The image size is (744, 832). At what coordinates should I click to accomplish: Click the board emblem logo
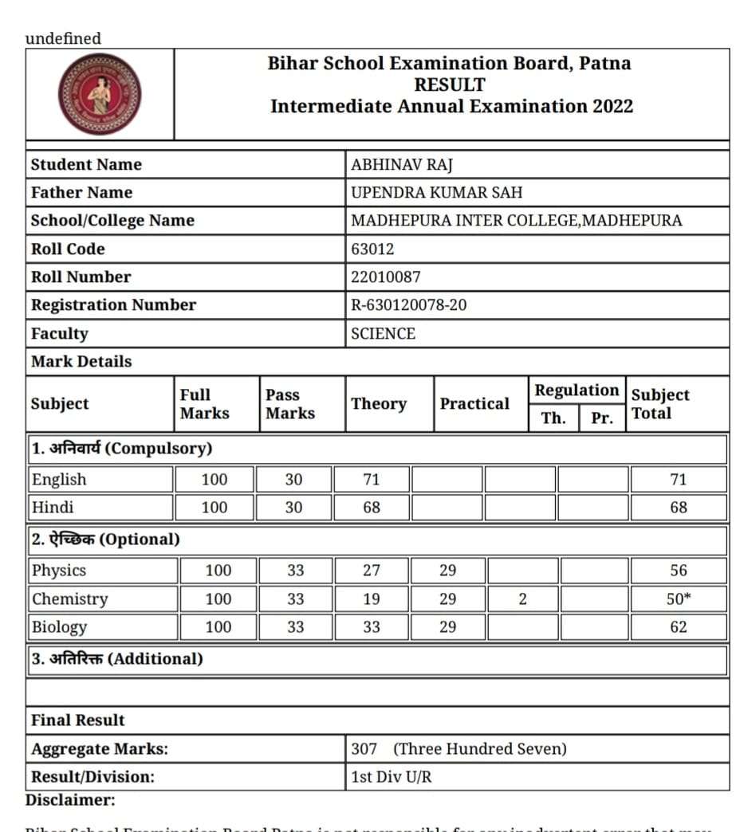[100, 94]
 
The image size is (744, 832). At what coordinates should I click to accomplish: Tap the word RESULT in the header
[450, 85]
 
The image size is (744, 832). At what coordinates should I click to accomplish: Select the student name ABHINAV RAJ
[402, 165]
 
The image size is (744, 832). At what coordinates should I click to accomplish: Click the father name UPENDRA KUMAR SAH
[437, 193]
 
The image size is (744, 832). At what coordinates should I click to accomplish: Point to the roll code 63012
[372, 249]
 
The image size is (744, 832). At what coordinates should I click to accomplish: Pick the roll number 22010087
[386, 277]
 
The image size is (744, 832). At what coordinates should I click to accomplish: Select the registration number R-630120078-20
[409, 305]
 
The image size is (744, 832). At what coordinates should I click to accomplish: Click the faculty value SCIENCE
[384, 334]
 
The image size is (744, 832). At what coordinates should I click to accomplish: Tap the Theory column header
[379, 404]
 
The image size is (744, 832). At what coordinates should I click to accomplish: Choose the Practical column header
[474, 404]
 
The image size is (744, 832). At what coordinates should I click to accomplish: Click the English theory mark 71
[372, 480]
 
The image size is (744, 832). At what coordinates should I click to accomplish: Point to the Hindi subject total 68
[679, 508]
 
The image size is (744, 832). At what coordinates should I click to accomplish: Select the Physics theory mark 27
[372, 571]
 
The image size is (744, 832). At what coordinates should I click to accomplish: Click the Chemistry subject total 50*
[679, 599]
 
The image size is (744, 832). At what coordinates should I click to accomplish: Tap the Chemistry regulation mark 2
[522, 599]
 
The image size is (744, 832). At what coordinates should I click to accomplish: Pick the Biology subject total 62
[679, 627]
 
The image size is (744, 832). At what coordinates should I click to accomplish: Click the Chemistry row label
[69, 599]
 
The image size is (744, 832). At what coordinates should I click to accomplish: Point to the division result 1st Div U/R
[392, 777]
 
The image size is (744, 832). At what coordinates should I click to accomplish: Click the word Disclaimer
[70, 800]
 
